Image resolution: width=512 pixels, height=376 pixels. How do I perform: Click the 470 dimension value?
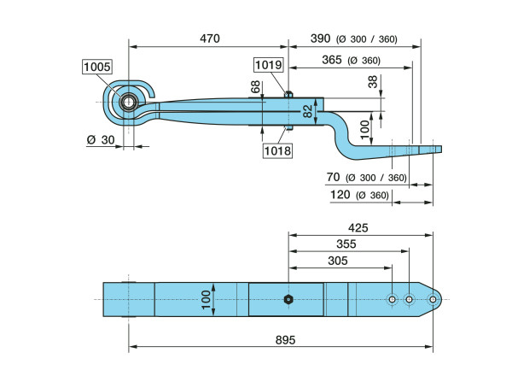pos(209,38)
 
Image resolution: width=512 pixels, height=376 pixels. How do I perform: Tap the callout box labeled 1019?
pos(269,65)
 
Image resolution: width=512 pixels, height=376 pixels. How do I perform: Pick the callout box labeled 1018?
pos(277,150)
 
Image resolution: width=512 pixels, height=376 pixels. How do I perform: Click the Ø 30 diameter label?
pos(99,139)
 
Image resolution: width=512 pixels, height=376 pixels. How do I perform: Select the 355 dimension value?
pos(348,244)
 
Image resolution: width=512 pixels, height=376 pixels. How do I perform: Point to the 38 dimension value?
pos(373,82)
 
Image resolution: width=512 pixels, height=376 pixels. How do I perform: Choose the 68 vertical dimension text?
pos(255,87)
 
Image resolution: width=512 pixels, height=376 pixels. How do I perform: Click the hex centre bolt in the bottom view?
pos(288,299)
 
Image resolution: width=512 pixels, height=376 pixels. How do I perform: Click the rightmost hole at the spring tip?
pos(433,299)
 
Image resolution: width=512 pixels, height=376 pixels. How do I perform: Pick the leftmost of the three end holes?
pos(391,299)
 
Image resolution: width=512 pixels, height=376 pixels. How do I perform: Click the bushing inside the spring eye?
pos(129,103)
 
